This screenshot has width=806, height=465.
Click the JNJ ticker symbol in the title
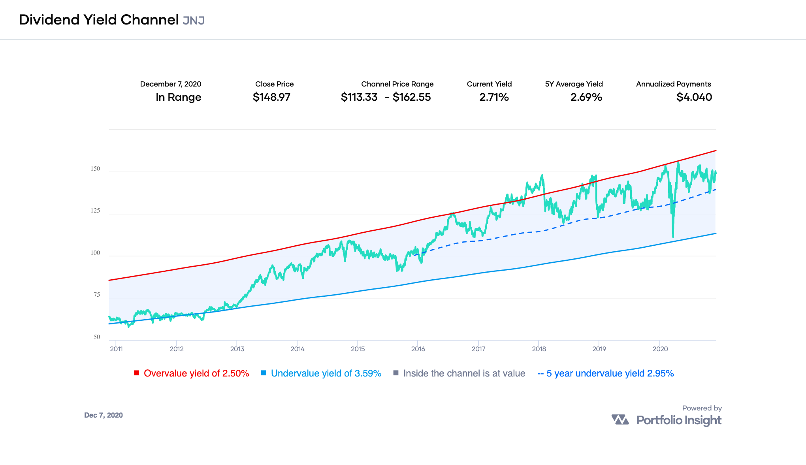[194, 20]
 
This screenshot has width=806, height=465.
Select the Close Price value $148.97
[271, 97]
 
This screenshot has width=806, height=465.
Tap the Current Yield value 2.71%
[494, 97]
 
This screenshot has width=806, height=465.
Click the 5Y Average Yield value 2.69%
[586, 97]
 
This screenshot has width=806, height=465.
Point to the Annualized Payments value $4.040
[694, 97]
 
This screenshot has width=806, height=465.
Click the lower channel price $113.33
[359, 97]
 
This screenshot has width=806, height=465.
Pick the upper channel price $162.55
[412, 97]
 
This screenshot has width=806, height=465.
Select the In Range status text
[178, 97]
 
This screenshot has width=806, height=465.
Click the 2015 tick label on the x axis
[358, 349]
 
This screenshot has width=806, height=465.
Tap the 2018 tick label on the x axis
[539, 349]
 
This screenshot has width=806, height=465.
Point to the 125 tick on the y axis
[95, 211]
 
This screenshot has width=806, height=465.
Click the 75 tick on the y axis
[96, 295]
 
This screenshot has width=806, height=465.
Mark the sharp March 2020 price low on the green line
[673, 236]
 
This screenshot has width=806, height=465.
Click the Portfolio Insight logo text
[678, 420]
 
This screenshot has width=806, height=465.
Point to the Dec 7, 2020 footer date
[104, 415]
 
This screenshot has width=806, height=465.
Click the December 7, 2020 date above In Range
[171, 84]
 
